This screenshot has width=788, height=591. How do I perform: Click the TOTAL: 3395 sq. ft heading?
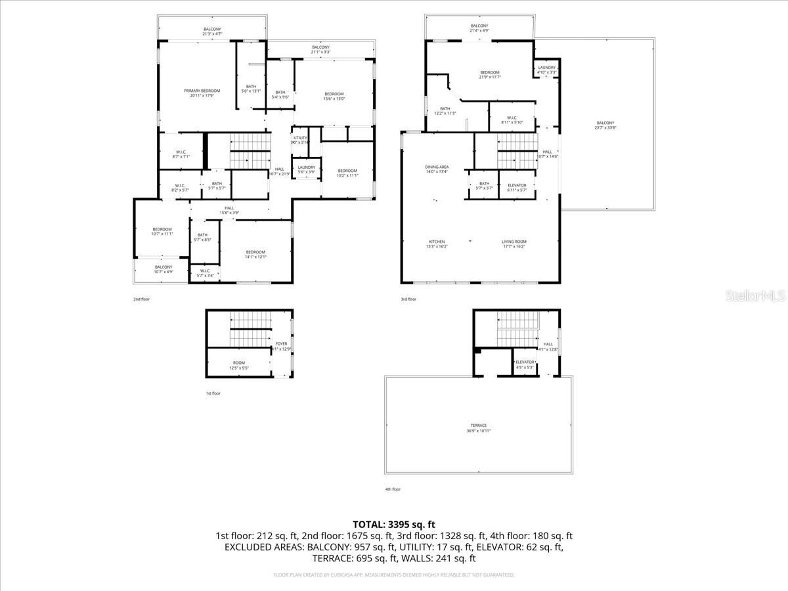pos(394,524)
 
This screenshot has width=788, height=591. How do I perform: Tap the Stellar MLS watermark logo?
pos(755,296)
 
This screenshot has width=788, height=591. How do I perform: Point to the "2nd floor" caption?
pos(141,299)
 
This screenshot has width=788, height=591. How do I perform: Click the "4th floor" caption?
pos(393,489)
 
